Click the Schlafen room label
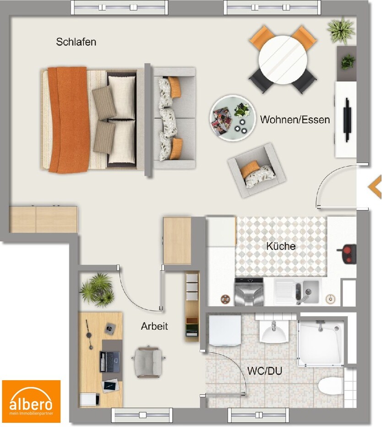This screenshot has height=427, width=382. click(x=76, y=42)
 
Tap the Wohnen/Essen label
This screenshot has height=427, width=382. click(x=295, y=120)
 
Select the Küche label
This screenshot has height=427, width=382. click(x=281, y=246)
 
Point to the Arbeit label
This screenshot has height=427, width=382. click(x=154, y=326)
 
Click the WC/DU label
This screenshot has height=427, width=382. click(x=264, y=370)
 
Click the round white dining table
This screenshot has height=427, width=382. click(x=283, y=60)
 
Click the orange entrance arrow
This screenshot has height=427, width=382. click(x=375, y=187)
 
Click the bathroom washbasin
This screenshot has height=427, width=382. click(x=274, y=331)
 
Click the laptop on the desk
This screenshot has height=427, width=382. click(x=110, y=361)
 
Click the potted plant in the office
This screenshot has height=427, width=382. click(x=97, y=290)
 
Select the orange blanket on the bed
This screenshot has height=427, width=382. click(x=69, y=120)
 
